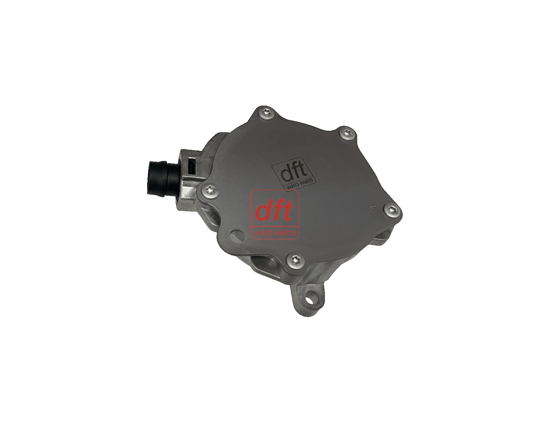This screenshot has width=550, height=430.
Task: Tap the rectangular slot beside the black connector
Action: (x=192, y=166)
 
